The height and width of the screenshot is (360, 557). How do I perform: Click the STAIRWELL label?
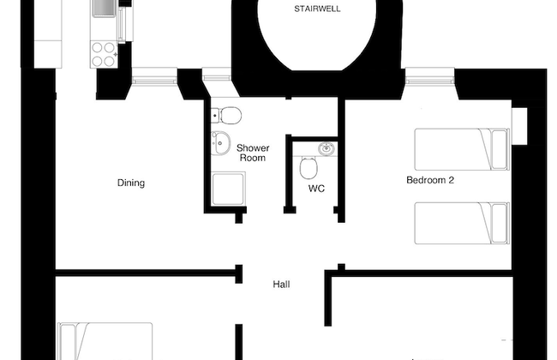coord(317,9)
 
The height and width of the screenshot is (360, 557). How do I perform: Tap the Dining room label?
coord(131,183)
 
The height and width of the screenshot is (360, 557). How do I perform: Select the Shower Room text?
coord(253,153)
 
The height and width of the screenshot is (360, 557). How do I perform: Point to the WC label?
coord(316,189)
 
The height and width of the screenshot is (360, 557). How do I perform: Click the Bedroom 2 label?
coord(430,180)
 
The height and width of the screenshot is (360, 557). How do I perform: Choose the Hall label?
coord(281,285)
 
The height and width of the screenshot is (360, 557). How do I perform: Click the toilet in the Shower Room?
coord(226,115)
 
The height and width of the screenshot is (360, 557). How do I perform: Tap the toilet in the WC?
coord(308,167)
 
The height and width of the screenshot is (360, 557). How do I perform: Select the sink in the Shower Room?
coord(220,143)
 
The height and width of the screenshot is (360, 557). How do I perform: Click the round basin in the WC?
coord(326,148)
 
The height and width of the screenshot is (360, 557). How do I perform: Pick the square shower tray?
coord(228,189)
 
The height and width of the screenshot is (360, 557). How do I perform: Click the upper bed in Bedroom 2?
coord(462,149)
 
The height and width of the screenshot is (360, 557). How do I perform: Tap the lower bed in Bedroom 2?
coord(462,223)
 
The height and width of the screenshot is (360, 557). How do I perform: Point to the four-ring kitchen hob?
coord(104,54)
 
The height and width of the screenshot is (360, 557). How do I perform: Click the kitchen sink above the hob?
coord(104,9)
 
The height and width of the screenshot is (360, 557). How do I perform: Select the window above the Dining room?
coord(154,76)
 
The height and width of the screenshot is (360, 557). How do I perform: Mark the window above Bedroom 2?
coord(430,76)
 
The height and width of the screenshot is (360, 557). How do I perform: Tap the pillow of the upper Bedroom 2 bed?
coord(499,149)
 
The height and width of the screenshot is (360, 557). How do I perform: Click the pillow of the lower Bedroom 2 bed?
coord(499,223)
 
